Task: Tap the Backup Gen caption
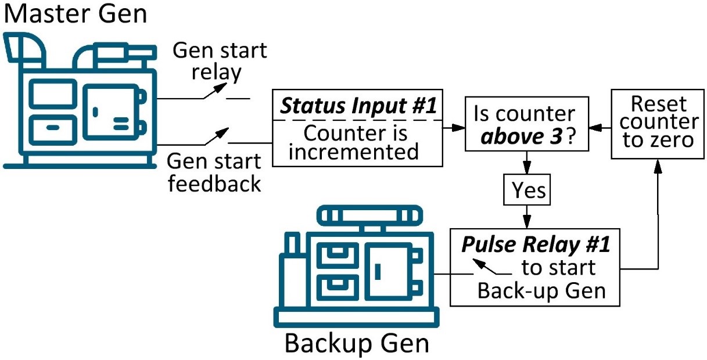click(x=356, y=343)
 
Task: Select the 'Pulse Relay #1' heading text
click(x=536, y=245)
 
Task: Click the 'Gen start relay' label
click(x=220, y=61)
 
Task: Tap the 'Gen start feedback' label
click(x=214, y=172)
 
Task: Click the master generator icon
click(x=81, y=102)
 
